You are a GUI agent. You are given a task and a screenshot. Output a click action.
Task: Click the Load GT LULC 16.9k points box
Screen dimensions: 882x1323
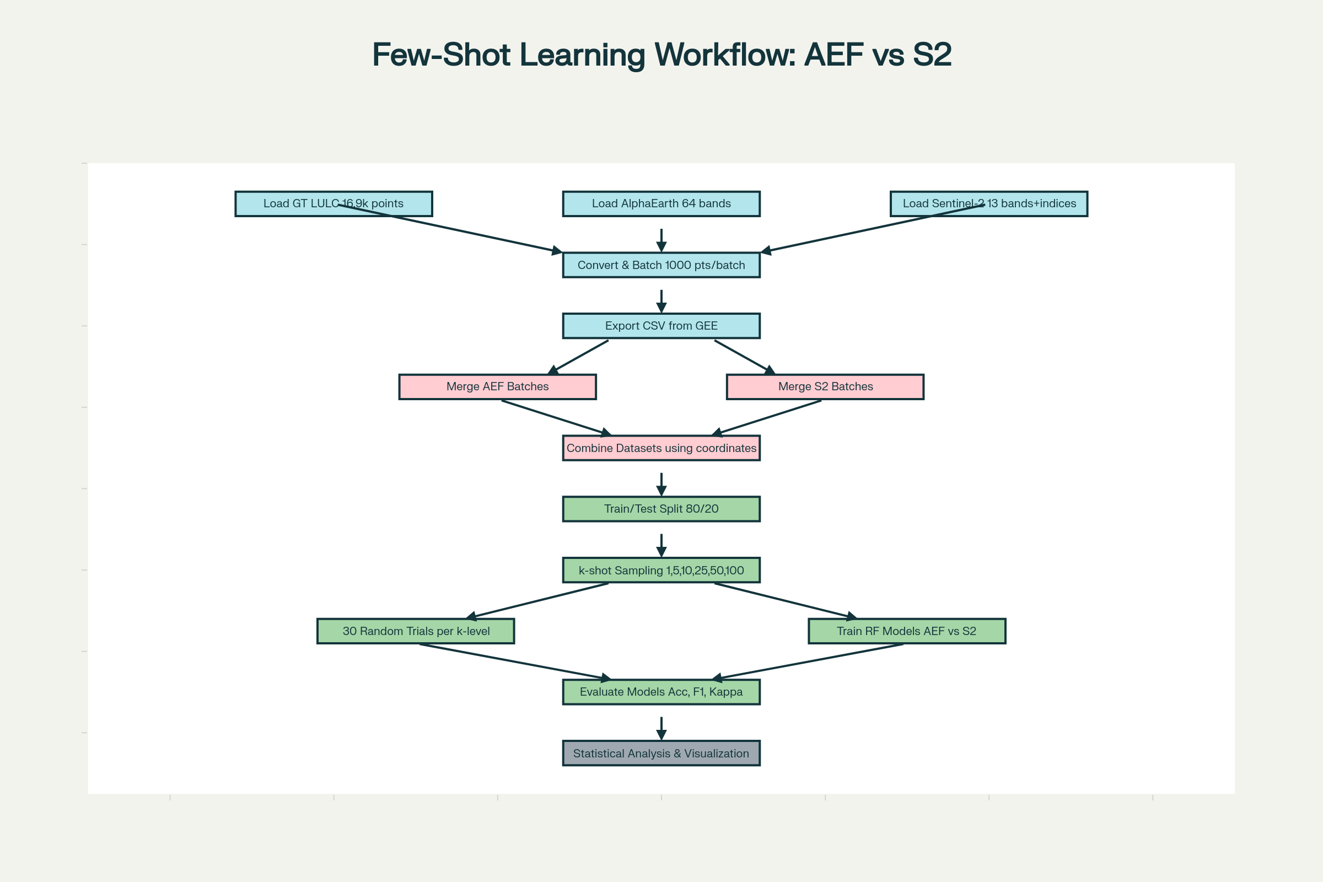(x=293, y=203)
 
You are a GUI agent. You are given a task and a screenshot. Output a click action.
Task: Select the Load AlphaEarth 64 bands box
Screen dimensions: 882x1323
(x=661, y=203)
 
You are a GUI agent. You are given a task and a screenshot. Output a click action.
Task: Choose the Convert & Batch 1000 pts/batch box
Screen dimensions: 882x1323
(x=661, y=265)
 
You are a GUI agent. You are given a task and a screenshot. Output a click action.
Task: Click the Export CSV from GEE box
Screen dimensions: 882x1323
(x=661, y=326)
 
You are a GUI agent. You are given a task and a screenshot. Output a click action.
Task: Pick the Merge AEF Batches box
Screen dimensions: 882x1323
(x=497, y=387)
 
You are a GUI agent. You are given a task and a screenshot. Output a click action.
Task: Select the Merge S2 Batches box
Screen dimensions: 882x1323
(x=825, y=387)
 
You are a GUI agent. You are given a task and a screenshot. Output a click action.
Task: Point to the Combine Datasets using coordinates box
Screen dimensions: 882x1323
(x=661, y=448)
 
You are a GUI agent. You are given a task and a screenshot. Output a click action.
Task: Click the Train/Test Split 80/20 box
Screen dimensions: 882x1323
(x=661, y=509)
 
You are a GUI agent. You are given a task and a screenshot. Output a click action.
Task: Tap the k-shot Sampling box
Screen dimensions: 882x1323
(x=661, y=571)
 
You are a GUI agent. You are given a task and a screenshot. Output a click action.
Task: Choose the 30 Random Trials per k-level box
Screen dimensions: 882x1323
(x=416, y=631)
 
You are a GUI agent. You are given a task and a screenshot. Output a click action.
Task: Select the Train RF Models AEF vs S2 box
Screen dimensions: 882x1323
(x=907, y=631)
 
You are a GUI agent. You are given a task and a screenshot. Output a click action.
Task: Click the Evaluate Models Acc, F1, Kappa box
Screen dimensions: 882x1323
(x=661, y=692)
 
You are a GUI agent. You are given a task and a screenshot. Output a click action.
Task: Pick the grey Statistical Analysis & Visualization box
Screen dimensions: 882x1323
(x=661, y=753)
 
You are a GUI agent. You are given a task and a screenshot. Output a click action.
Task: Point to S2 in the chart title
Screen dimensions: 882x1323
(x=932, y=55)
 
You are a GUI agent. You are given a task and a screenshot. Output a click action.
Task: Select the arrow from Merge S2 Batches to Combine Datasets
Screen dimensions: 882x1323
(x=768, y=417)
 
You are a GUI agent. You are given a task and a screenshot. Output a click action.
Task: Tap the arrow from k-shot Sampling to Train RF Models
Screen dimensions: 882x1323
(x=784, y=601)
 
